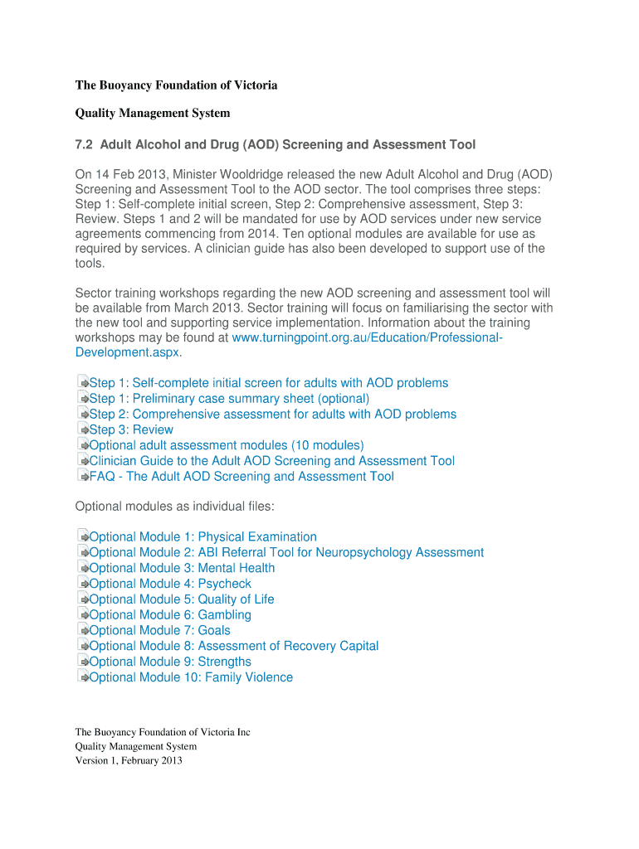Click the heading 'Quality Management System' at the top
point(153,113)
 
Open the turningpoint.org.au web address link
point(366,338)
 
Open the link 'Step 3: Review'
point(131,429)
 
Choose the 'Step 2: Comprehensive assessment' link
point(272,414)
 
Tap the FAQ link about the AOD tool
point(241,477)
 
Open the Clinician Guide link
point(271,461)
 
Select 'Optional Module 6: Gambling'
point(169,615)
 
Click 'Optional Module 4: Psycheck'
point(169,584)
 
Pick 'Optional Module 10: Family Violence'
point(190,677)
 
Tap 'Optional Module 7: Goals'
point(159,630)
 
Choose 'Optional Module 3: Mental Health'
point(181,568)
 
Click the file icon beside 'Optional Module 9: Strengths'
point(82,662)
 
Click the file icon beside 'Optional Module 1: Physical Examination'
point(82,536)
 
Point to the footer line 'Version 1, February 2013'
point(129,760)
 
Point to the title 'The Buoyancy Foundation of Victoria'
point(176,85)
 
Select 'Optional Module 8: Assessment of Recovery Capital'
point(233,646)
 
